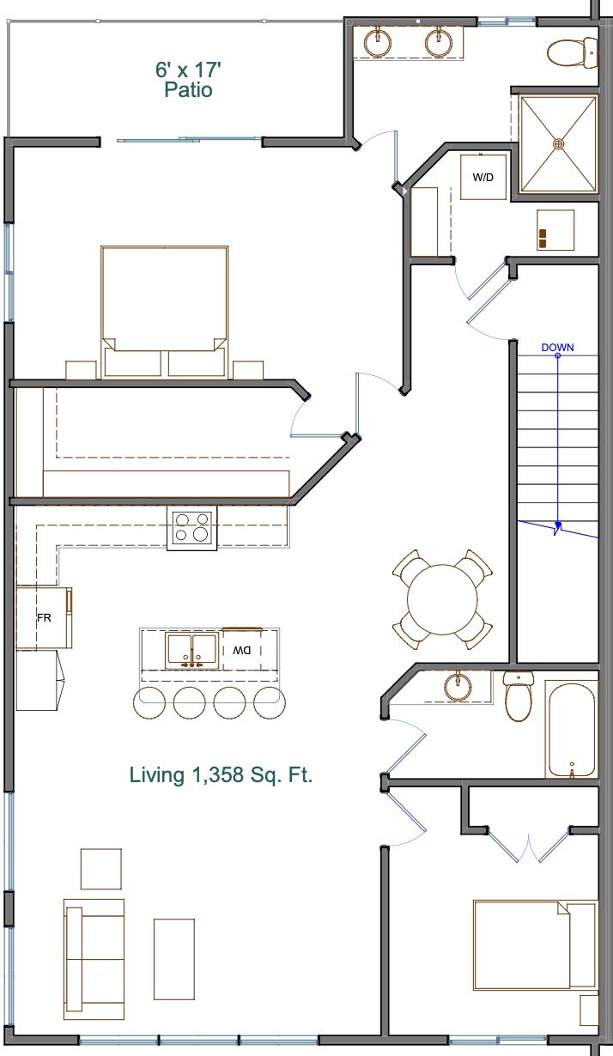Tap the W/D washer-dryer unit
click(x=483, y=177)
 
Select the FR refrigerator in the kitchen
click(x=44, y=617)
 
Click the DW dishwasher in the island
click(x=241, y=650)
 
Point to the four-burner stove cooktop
click(x=191, y=526)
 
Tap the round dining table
click(x=442, y=598)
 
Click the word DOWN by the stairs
click(x=557, y=348)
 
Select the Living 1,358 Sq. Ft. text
click(x=221, y=775)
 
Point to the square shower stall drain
click(x=559, y=143)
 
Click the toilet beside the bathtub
click(x=519, y=697)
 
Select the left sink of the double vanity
click(x=379, y=41)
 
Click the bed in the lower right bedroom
click(x=532, y=944)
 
